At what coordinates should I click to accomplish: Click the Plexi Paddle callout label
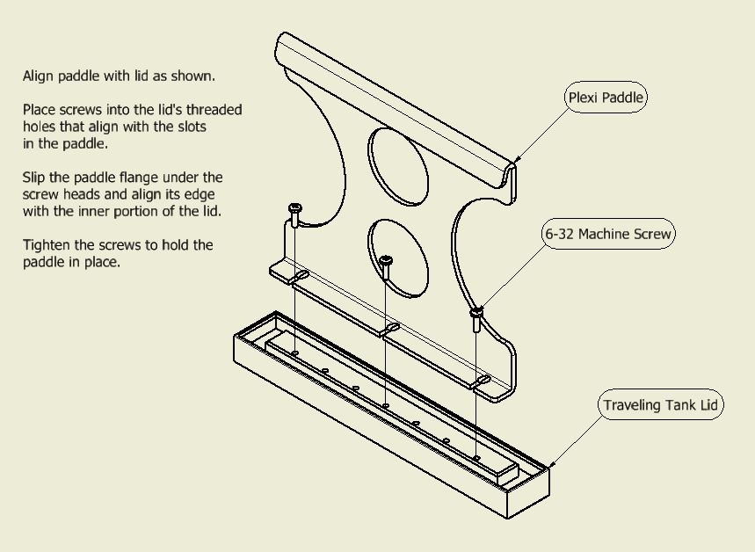606,98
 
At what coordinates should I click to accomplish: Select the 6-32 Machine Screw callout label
608,235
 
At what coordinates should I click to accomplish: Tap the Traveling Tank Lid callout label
660,406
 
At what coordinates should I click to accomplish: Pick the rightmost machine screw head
476,311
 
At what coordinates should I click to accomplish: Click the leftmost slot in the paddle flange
299,278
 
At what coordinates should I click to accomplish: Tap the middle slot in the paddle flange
391,329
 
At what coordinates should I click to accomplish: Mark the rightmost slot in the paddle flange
482,381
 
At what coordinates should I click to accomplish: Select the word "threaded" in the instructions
214,111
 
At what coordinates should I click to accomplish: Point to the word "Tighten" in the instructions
47,245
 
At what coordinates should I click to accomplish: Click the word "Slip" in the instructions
35,178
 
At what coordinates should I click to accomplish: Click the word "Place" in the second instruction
40,111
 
